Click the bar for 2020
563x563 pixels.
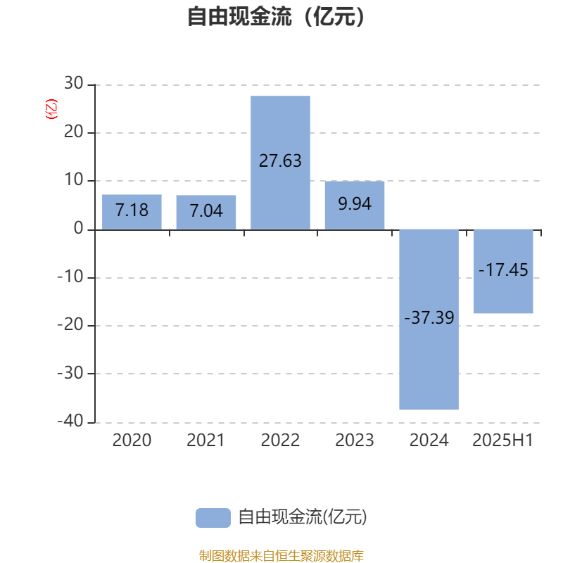(132, 212)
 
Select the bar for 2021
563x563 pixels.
(206, 213)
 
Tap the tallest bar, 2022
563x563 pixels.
(280, 163)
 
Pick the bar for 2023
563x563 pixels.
(355, 205)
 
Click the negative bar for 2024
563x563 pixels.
(429, 320)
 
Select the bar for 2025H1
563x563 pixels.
(503, 272)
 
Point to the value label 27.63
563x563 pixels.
(280, 161)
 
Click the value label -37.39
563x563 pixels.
(429, 318)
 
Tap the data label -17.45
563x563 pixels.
(503, 270)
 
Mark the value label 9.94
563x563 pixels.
(355, 204)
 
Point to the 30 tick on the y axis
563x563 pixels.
(74, 83)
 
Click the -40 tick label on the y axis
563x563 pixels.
(70, 421)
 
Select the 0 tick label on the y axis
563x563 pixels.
(79, 228)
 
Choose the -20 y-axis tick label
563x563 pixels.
(70, 325)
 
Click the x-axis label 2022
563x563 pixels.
(280, 441)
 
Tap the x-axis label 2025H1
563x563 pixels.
(503, 441)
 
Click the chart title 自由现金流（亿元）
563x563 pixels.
(276, 16)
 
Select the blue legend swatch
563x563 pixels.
(213, 518)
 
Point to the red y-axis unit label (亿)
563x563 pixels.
(51, 109)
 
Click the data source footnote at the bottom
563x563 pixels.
(281, 555)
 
